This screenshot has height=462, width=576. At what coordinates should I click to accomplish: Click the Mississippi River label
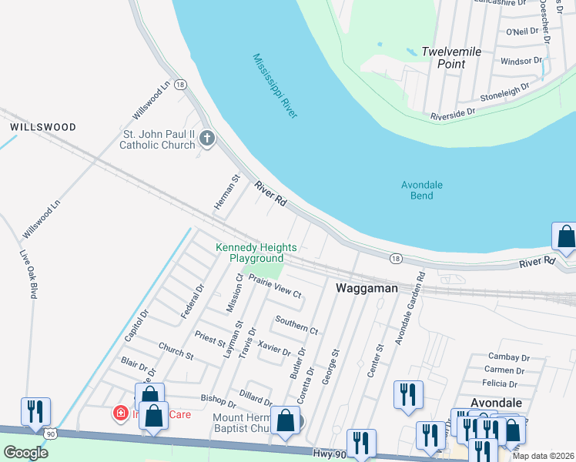click(x=275, y=85)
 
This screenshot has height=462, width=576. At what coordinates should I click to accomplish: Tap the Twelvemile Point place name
click(x=451, y=58)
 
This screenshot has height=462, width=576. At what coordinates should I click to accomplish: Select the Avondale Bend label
click(x=417, y=190)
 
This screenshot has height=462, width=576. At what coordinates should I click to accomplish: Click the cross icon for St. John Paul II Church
click(x=206, y=139)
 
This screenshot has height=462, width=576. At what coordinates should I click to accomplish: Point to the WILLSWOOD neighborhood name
click(x=42, y=127)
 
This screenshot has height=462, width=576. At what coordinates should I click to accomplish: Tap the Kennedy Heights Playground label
click(x=256, y=253)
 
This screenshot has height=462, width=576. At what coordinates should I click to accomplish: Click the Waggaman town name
click(x=367, y=288)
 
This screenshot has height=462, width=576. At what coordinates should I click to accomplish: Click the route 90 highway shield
click(x=51, y=434)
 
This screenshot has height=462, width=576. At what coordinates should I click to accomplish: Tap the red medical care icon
click(x=121, y=414)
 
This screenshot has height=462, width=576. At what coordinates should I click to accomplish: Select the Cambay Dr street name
click(x=509, y=357)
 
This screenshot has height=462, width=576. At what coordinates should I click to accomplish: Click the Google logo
click(x=25, y=452)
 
